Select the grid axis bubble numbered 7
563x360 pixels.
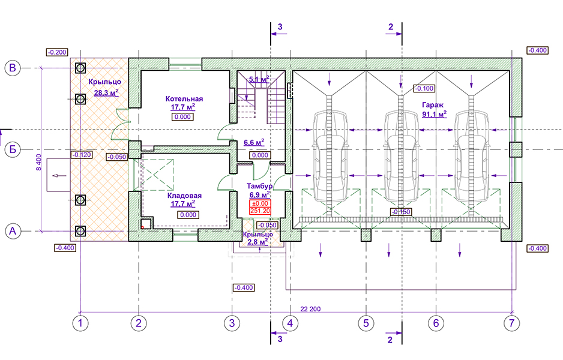pos(511,323)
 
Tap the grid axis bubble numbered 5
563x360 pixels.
pos(365,323)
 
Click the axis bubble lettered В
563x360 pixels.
pos(13,68)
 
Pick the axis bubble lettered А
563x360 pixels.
pos(13,230)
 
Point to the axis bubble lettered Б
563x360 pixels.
pos(13,149)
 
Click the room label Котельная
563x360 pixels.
pos(184,99)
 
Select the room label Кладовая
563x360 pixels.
pos(184,196)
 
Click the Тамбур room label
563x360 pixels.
pos(260,186)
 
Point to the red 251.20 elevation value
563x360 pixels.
pos(260,211)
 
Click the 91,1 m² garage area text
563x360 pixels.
pos(435,113)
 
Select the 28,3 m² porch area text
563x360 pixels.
pos(106,92)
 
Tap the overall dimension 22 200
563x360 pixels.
pos(311,309)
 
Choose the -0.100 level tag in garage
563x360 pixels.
pos(424,89)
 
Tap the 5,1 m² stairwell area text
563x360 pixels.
pos(258,79)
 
